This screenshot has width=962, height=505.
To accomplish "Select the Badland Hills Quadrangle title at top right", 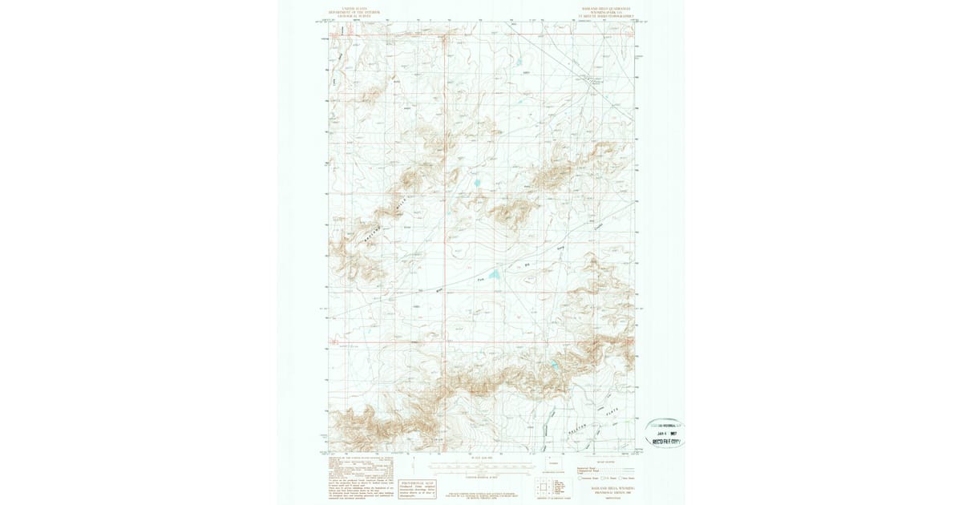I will [x=606, y=12].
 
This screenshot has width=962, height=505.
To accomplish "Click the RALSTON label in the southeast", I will [x=585, y=426].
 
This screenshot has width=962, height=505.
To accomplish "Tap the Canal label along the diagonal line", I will [x=589, y=80].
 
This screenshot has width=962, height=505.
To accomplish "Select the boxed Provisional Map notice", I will [x=418, y=488].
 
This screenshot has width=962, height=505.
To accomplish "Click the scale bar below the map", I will [x=480, y=464].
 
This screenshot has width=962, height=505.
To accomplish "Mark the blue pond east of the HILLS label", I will [x=476, y=183].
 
